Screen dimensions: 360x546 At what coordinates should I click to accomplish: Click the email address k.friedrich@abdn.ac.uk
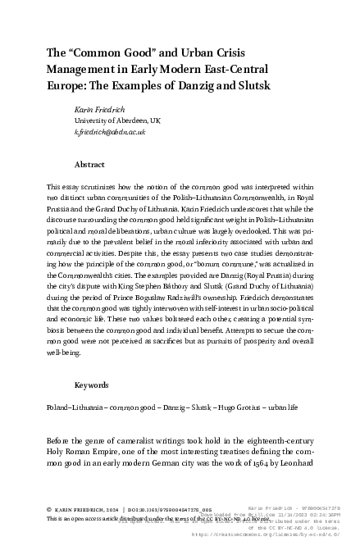[x=110, y=131]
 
